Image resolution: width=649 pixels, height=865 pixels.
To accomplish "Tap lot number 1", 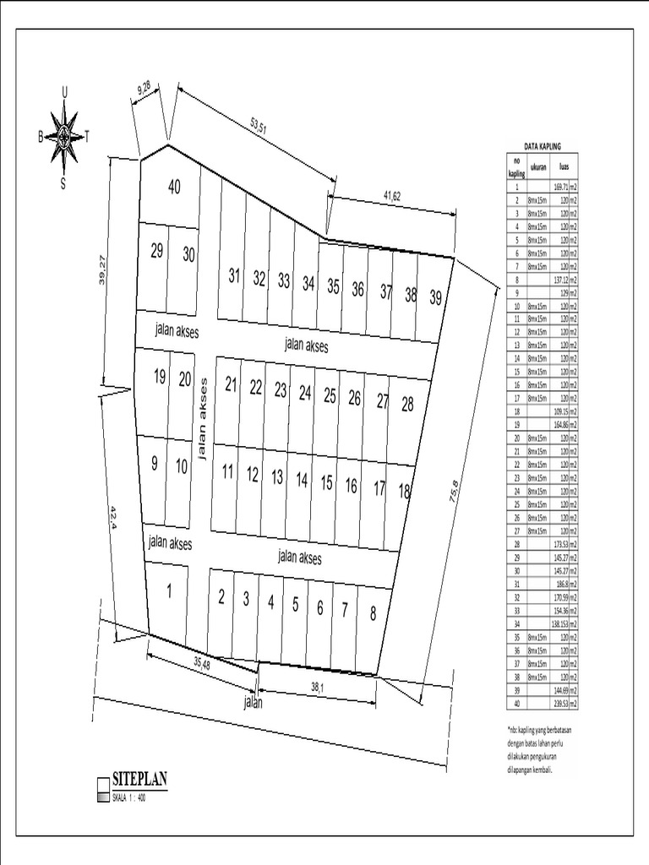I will tap(169, 591).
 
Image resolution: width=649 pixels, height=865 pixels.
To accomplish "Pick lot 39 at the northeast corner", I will tap(435, 296).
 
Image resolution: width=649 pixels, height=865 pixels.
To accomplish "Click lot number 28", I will tap(407, 405).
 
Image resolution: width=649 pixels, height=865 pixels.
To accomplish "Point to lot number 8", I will tap(373, 614).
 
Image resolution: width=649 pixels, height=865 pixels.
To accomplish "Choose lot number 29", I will tap(156, 251).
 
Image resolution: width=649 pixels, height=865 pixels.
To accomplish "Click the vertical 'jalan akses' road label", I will tap(202, 419).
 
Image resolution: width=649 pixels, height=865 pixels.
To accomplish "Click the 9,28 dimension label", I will tap(145, 87).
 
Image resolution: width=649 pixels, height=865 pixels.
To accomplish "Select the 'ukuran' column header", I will tap(538, 166).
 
